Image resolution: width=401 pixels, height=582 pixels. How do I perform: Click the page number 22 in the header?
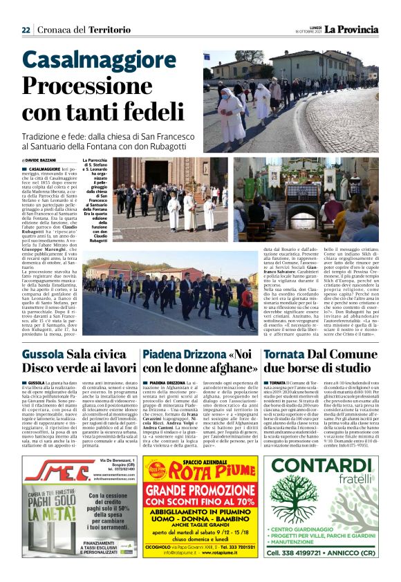(x=26, y=30)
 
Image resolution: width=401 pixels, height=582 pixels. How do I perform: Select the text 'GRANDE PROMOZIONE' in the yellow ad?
(x=200, y=493)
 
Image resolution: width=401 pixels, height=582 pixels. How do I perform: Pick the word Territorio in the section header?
(x=111, y=30)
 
